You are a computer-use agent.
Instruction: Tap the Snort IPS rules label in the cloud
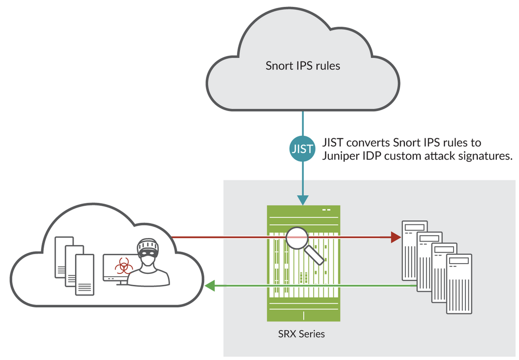click(303, 65)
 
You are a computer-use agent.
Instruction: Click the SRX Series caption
click(301, 334)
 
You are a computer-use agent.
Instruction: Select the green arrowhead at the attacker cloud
click(209, 285)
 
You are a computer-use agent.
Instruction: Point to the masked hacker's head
click(148, 249)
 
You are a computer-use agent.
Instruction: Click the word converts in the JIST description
click(368, 143)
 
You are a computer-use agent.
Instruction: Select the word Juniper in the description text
click(337, 156)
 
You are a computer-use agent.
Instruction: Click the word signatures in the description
click(487, 156)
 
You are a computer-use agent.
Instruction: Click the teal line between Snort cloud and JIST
click(302, 125)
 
